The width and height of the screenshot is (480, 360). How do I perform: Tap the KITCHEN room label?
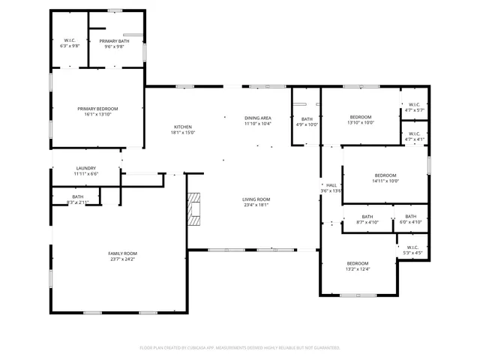coord(184,127)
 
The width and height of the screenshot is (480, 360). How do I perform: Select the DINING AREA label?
coord(257,118)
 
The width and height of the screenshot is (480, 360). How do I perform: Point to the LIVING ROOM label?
coord(256,199)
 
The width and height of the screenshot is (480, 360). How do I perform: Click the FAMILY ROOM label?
coord(123,253)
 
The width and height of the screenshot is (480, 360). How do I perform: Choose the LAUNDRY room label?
coord(86,168)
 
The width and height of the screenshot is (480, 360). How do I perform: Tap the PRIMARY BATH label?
coord(115,40)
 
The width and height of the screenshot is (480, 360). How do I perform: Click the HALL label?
coord(331,184)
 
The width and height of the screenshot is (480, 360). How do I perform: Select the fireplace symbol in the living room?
coord(195,208)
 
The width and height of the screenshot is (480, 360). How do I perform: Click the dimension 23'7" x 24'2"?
coord(123,259)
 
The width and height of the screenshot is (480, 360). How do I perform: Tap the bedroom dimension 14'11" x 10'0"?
coord(385,181)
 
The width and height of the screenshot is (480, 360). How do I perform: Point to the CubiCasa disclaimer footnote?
coord(240,347)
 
